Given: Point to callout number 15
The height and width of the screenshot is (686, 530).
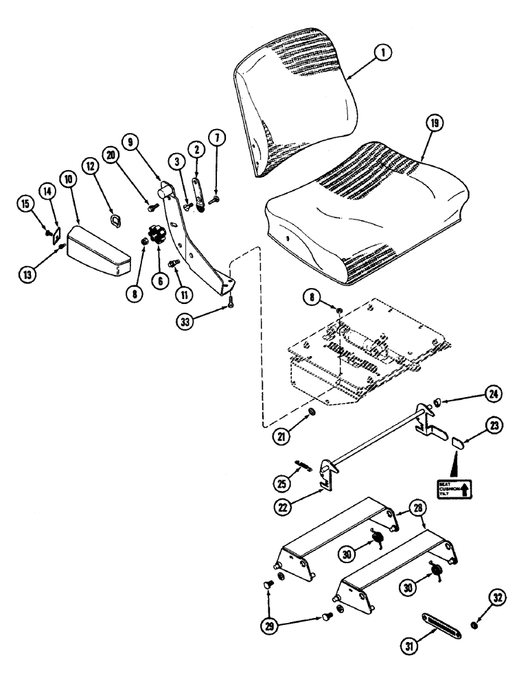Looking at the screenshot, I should pyautogui.click(x=27, y=204).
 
